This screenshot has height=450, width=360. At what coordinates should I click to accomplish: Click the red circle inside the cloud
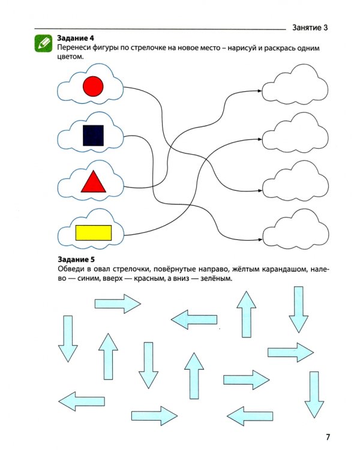[93, 86]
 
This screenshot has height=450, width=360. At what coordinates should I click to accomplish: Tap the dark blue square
[94, 136]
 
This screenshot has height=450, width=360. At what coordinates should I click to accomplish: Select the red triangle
[94, 182]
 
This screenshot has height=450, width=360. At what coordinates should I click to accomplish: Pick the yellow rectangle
[94, 233]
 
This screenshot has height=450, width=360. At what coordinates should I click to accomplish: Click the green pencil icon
[43, 43]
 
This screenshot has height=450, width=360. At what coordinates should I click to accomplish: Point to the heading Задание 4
[76, 38]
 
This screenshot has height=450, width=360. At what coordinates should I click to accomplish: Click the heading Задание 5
[76, 259]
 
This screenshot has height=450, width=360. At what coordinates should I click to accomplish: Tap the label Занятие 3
[310, 28]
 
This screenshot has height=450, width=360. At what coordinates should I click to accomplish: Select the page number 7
[328, 437]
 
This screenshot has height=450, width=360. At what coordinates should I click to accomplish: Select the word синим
[88, 278]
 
